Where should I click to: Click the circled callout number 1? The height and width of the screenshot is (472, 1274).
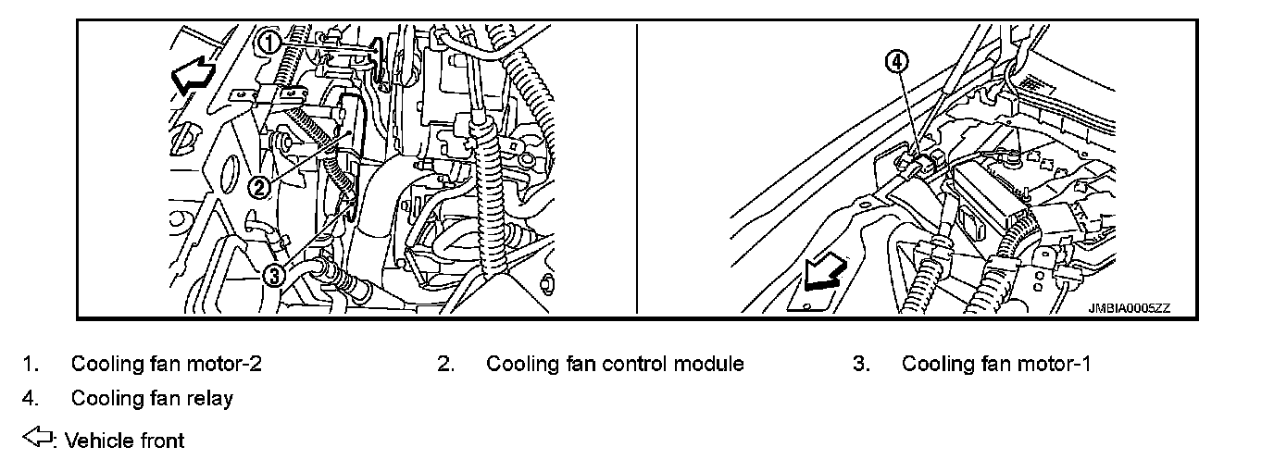(x=268, y=42)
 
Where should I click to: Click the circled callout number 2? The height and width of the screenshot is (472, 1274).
(x=260, y=188)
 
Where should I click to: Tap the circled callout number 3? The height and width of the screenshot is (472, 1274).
(x=273, y=274)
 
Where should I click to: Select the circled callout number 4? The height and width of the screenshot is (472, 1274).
(x=897, y=62)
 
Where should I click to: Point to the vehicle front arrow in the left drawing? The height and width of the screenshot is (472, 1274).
(x=194, y=74)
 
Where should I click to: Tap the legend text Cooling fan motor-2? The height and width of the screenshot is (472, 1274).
(x=167, y=364)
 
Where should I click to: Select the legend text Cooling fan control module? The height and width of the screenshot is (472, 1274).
(x=615, y=364)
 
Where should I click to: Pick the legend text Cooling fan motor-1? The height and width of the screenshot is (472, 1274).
(x=996, y=364)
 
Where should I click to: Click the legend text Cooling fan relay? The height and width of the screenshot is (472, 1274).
(x=152, y=399)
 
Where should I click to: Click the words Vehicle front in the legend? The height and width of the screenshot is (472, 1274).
(x=125, y=441)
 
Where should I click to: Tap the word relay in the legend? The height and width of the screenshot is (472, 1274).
(x=211, y=399)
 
